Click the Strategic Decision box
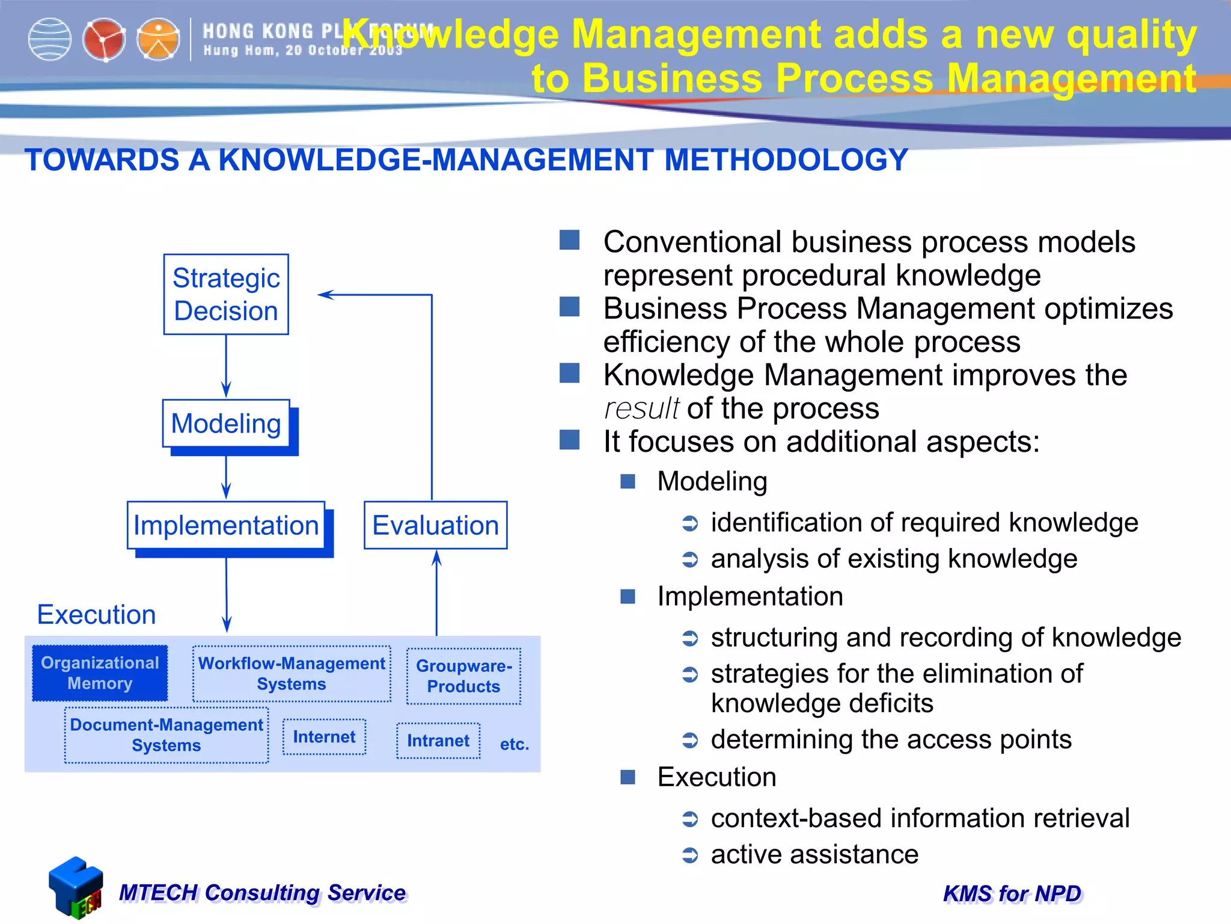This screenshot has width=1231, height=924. coord(226,294)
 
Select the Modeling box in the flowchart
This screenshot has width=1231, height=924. coord(226,423)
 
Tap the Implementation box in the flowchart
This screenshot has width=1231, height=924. coord(226,525)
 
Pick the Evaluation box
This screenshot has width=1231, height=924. coord(436,525)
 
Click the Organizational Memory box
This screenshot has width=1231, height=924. coord(100,673)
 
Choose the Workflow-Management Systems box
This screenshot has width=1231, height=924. coord(292,674)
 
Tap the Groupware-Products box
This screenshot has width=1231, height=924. coord(463,676)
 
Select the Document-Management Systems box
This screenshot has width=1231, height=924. coord(166,735)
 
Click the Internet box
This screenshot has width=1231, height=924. coord(324,737)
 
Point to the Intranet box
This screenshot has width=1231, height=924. coord(438,741)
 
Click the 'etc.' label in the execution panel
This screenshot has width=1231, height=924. coord(515,744)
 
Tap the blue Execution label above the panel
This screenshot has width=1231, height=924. coord(96,614)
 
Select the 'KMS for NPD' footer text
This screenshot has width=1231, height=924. coord(1012,894)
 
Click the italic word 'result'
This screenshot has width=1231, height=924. coord(641,408)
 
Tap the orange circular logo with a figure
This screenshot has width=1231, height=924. coord(158,40)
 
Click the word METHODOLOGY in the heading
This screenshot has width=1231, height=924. coord(786,160)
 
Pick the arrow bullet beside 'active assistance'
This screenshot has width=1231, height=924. coord(690,855)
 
